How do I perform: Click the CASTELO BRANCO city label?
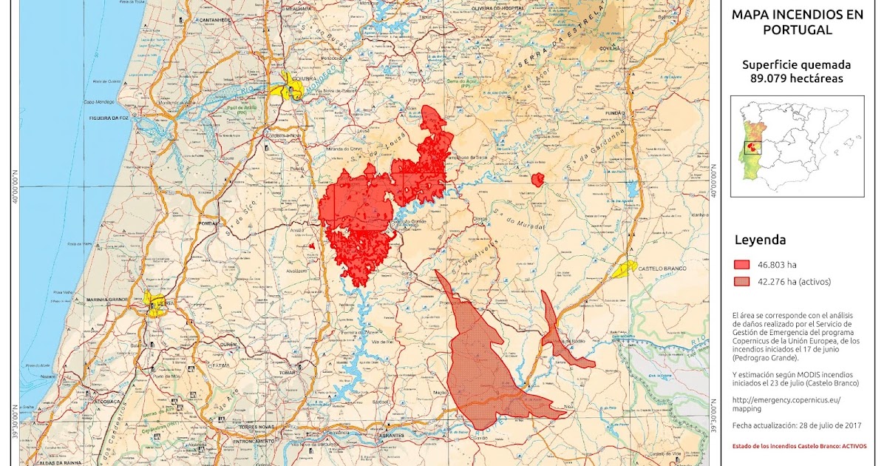tap(662, 269)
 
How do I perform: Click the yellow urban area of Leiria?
tap(156, 305)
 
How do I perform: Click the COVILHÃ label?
tap(610, 47)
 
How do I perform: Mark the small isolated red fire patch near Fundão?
tap(537, 179)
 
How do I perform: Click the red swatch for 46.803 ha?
tap(742, 264)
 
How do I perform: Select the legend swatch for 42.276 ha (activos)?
tap(742, 281)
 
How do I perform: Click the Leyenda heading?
tap(760, 240)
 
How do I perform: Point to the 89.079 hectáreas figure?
tap(796, 78)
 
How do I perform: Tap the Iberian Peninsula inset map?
tap(797, 146)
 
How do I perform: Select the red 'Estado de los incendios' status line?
tap(799, 446)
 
